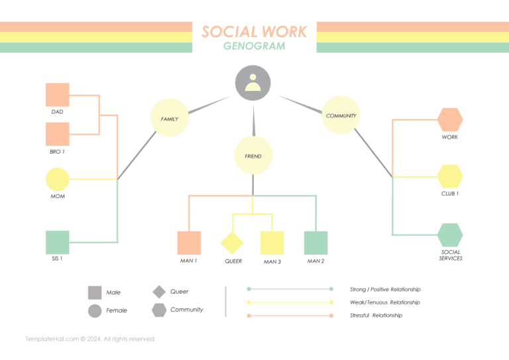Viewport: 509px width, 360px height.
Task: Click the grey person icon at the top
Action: [x=253, y=84]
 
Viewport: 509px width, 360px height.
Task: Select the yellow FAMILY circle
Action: [x=170, y=118]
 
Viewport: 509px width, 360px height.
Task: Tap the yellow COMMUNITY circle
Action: [x=341, y=115]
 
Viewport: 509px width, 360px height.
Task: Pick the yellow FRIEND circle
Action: [x=253, y=156]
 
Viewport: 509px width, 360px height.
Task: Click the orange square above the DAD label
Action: [x=58, y=95]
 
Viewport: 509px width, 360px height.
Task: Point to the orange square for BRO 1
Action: [x=58, y=134]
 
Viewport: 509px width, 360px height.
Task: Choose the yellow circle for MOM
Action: [x=58, y=179]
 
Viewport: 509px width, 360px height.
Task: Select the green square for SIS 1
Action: [x=58, y=242]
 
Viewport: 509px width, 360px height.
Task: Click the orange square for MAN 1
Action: [x=189, y=243]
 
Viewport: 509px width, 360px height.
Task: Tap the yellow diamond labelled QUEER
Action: [x=232, y=243]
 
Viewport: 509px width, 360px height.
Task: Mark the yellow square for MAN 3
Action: [x=272, y=243]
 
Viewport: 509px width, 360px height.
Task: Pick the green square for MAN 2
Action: [x=315, y=243]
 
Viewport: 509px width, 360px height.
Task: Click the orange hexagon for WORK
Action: [x=450, y=120]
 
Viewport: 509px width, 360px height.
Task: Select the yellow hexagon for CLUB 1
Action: [x=450, y=176]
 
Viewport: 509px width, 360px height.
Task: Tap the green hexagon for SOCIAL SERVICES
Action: [x=450, y=235]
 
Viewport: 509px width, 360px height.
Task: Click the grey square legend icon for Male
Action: [x=95, y=292]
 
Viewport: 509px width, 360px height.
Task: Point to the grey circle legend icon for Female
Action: [x=95, y=310]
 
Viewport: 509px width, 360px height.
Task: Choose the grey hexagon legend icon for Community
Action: [x=159, y=310]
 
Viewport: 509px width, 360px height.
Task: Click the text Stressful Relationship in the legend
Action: [x=376, y=316]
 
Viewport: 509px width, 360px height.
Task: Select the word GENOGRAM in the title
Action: [x=254, y=46]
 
